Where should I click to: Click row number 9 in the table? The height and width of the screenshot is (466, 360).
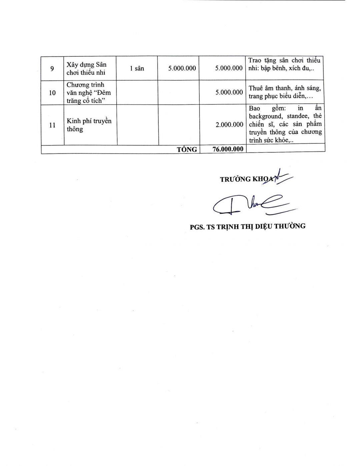(52, 68)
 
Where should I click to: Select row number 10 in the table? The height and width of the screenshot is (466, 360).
(52, 93)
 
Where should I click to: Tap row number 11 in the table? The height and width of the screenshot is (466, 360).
(52, 125)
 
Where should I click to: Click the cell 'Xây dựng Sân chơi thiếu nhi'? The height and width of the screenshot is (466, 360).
(86, 68)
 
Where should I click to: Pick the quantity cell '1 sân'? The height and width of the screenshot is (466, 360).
(137, 68)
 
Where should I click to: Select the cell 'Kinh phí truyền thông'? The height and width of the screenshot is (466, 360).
(89, 125)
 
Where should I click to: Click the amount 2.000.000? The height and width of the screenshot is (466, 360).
(229, 125)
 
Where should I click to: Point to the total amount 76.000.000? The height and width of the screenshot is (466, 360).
(228, 149)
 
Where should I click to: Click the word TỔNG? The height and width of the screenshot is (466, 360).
(187, 149)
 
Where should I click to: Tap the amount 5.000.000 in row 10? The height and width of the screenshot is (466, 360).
(229, 92)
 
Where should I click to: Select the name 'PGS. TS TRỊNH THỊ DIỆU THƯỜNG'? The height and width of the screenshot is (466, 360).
(248, 226)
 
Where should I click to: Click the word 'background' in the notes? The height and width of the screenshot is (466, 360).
(265, 116)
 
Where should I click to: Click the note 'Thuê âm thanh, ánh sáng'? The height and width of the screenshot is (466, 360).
(285, 88)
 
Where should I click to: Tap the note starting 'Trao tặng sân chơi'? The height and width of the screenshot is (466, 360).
(284, 60)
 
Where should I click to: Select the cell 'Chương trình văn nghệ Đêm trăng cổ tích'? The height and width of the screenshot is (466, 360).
(88, 93)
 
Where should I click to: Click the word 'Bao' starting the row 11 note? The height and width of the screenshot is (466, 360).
(254, 108)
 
